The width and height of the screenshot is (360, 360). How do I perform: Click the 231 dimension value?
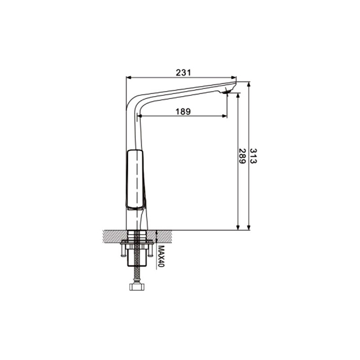(184, 72)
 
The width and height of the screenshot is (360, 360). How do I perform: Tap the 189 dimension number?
(183, 112)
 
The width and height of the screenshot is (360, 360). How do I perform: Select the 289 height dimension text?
(242, 156)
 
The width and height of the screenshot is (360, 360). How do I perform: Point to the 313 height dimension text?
(253, 156)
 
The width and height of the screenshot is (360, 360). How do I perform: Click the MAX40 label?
(162, 256)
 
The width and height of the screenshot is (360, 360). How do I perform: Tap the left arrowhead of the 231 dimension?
(129, 77)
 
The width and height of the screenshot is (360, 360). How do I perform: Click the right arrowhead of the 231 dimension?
(234, 77)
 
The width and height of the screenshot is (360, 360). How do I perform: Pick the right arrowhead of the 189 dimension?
(225, 116)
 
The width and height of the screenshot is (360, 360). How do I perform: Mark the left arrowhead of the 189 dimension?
(139, 116)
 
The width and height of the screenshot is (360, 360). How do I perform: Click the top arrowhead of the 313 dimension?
(249, 84)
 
